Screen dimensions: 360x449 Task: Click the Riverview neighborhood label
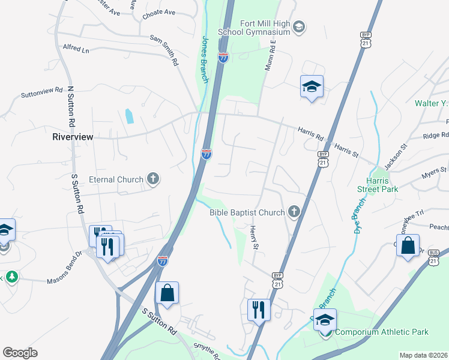[x=73, y=137]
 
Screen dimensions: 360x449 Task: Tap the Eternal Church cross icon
[x=153, y=179]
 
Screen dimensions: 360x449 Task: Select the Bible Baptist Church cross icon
[x=294, y=211]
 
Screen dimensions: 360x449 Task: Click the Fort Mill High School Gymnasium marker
[x=299, y=27]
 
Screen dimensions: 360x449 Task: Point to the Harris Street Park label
[x=381, y=184]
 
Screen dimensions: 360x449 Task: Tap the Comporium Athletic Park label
[x=382, y=332]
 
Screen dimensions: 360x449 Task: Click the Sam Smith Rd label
[x=165, y=50]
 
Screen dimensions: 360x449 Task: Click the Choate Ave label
[x=158, y=12]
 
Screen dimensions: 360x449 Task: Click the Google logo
[x=20, y=353]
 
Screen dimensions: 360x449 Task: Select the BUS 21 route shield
[x=433, y=259]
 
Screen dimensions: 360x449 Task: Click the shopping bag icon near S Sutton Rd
[x=167, y=293]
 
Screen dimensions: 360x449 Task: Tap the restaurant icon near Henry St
[x=259, y=310]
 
